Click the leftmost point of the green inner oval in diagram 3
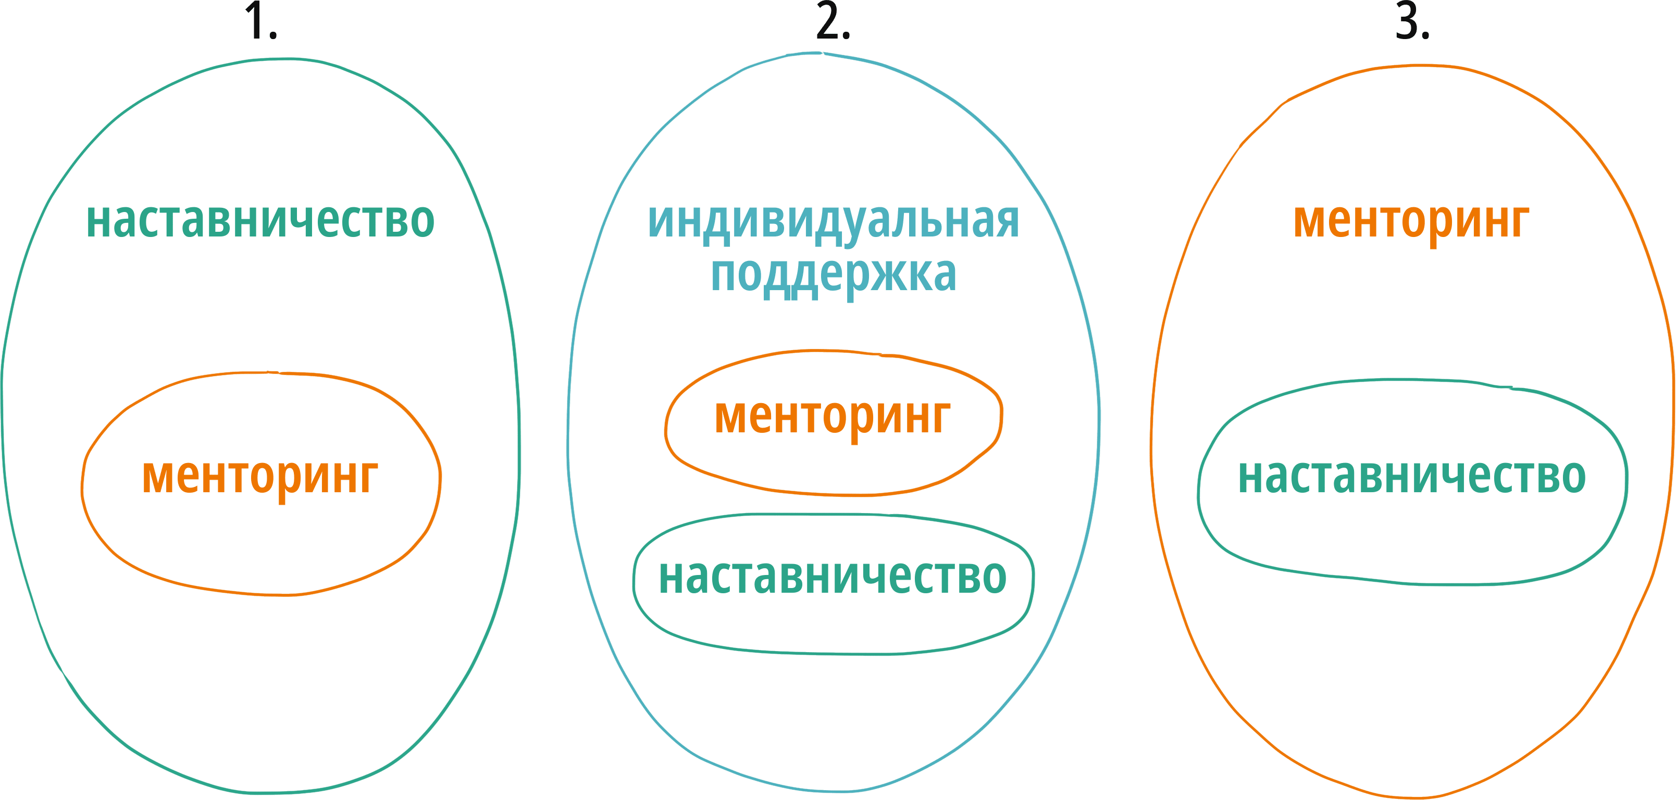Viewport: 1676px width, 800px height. [1198, 497]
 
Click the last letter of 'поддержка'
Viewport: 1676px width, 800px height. [943, 275]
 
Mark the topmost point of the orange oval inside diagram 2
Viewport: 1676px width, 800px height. [816, 351]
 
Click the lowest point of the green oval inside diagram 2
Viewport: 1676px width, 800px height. [846, 654]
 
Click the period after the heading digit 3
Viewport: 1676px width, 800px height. [1425, 35]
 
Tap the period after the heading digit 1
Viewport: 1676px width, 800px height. [272, 35]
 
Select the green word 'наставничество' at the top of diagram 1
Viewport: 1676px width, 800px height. [260, 220]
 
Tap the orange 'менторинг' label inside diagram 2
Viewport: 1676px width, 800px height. [833, 418]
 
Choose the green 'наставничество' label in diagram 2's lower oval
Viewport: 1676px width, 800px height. [833, 577]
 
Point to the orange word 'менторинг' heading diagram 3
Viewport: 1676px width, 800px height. [1412, 222]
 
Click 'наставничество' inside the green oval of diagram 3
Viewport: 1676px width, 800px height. [1412, 476]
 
